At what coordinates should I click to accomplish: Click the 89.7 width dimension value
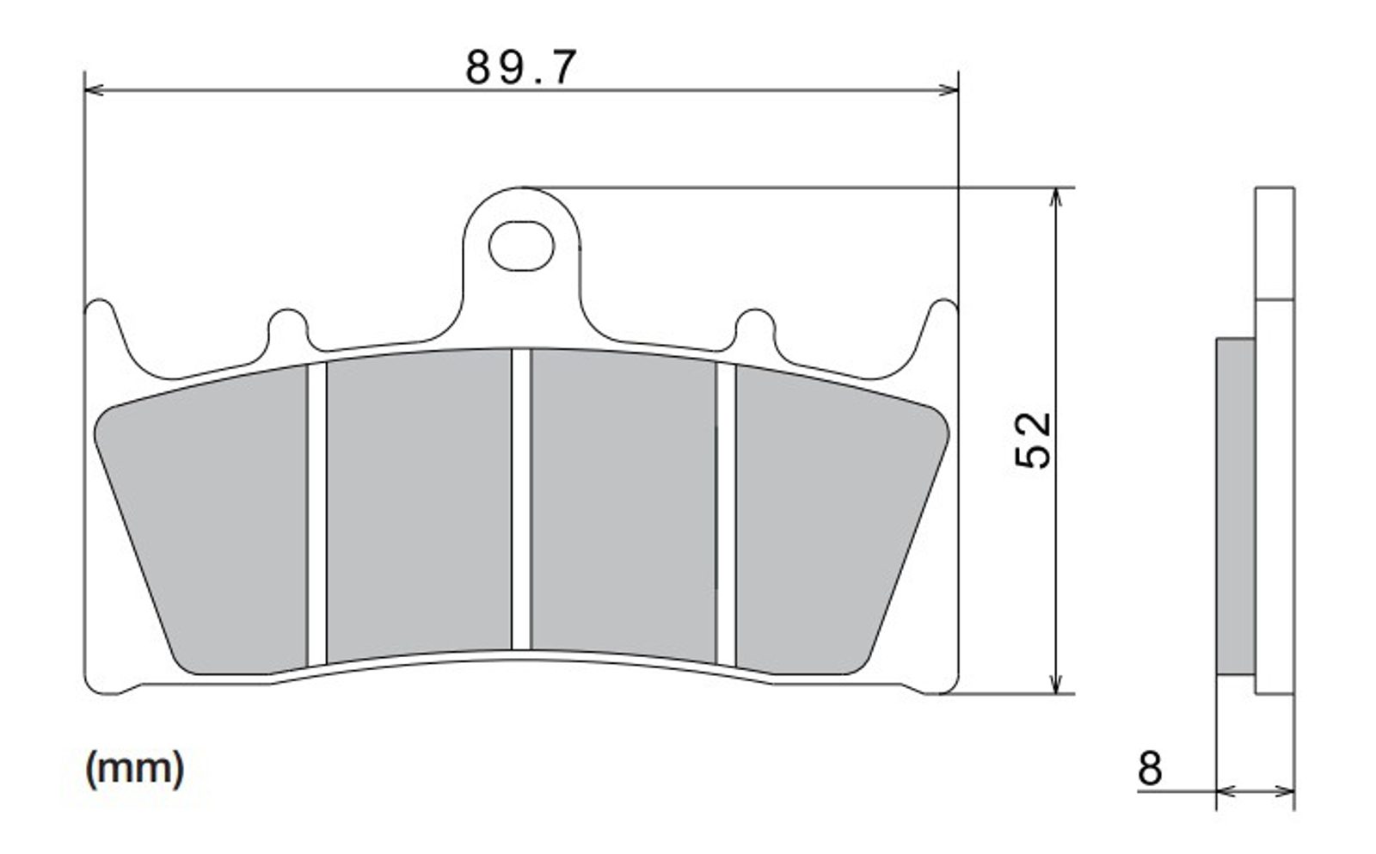pos(521,67)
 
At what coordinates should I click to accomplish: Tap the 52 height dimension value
pos(1033,440)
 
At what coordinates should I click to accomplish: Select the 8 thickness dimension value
pos(1150,768)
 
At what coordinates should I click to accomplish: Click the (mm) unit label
pos(134,769)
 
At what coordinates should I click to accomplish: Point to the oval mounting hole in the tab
pos(521,246)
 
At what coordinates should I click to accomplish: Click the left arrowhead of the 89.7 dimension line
pos(94,90)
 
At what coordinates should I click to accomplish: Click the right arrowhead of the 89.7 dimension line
pos(949,90)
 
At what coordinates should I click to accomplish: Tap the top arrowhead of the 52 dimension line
pos(1055,197)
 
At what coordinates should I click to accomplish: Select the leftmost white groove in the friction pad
pos(317,515)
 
